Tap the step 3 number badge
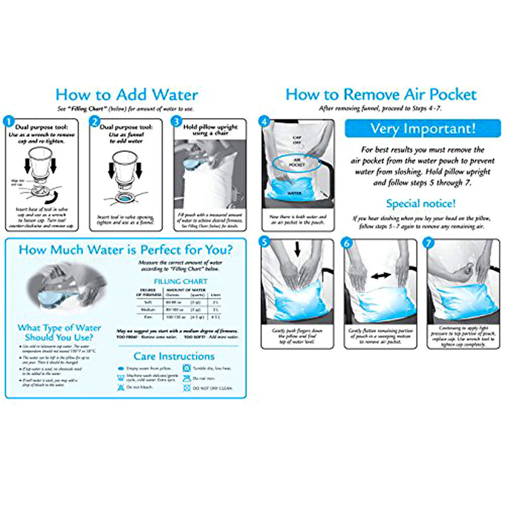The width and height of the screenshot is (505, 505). [177, 119]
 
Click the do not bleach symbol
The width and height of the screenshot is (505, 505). [121, 387]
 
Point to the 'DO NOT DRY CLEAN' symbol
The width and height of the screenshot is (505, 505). [187, 388]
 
